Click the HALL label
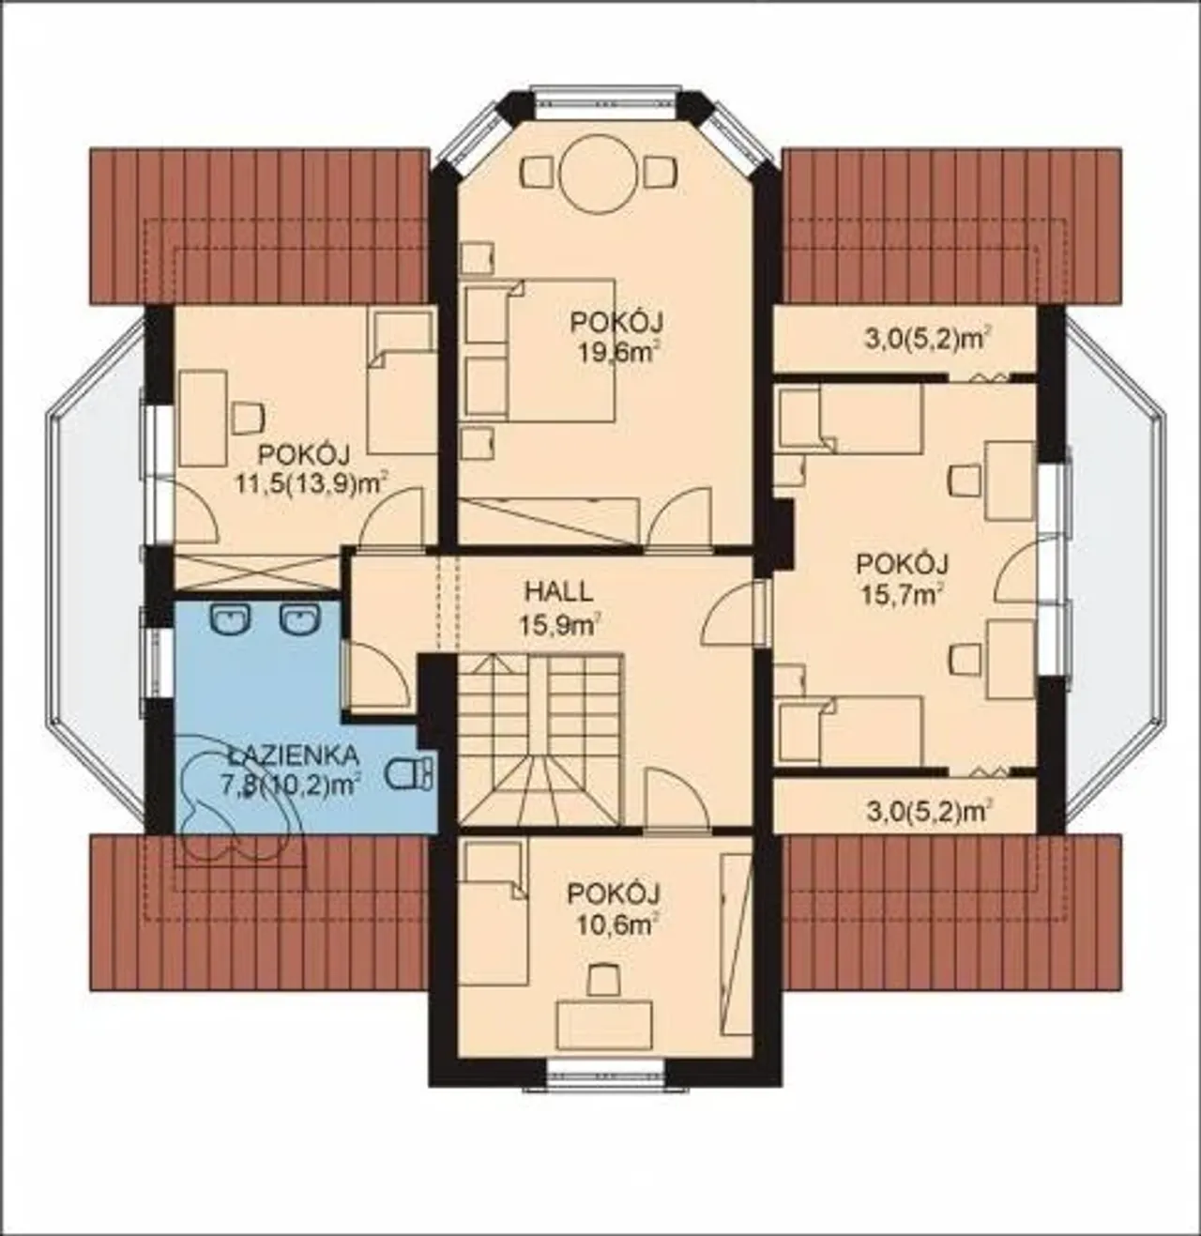coord(559,592)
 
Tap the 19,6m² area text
coord(616,353)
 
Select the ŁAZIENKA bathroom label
coord(294,756)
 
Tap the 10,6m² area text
coord(616,925)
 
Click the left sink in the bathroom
coord(231,618)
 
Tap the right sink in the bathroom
coord(298,618)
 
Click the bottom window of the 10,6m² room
coord(607,1088)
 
